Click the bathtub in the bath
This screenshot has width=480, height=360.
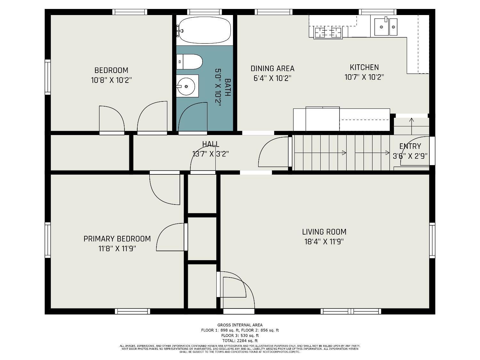(x=204, y=30)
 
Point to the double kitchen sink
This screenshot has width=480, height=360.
(x=386, y=27)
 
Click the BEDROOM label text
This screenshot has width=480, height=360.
(x=111, y=70)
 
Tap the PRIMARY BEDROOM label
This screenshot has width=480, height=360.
(x=117, y=239)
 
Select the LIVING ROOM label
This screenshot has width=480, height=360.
(x=324, y=232)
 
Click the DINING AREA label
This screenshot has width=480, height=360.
(x=272, y=68)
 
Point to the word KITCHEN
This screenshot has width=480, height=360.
(x=364, y=68)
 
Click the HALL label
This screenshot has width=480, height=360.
(x=211, y=144)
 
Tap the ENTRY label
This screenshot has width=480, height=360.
(x=410, y=146)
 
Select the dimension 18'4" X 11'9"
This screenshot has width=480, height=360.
(x=324, y=242)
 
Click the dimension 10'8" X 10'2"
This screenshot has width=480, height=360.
(x=111, y=80)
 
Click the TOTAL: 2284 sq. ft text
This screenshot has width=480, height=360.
(x=240, y=340)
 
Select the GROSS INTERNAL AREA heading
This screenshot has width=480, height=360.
(x=240, y=325)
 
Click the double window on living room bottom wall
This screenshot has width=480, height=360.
(x=351, y=311)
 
